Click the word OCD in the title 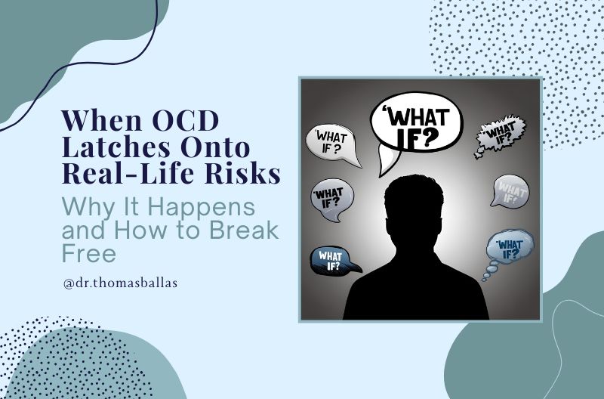pyautogui.click(x=186, y=121)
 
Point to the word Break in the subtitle pyautogui.click(x=244, y=230)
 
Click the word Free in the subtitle pyautogui.click(x=89, y=253)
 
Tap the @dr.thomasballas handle pyautogui.click(x=120, y=283)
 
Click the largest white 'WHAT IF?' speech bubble pyautogui.click(x=417, y=122)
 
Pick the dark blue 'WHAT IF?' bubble pyautogui.click(x=333, y=261)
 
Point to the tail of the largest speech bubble pyautogui.click(x=387, y=162)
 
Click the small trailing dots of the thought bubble pyautogui.click(x=489, y=271)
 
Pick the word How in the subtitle pyautogui.click(x=141, y=230)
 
